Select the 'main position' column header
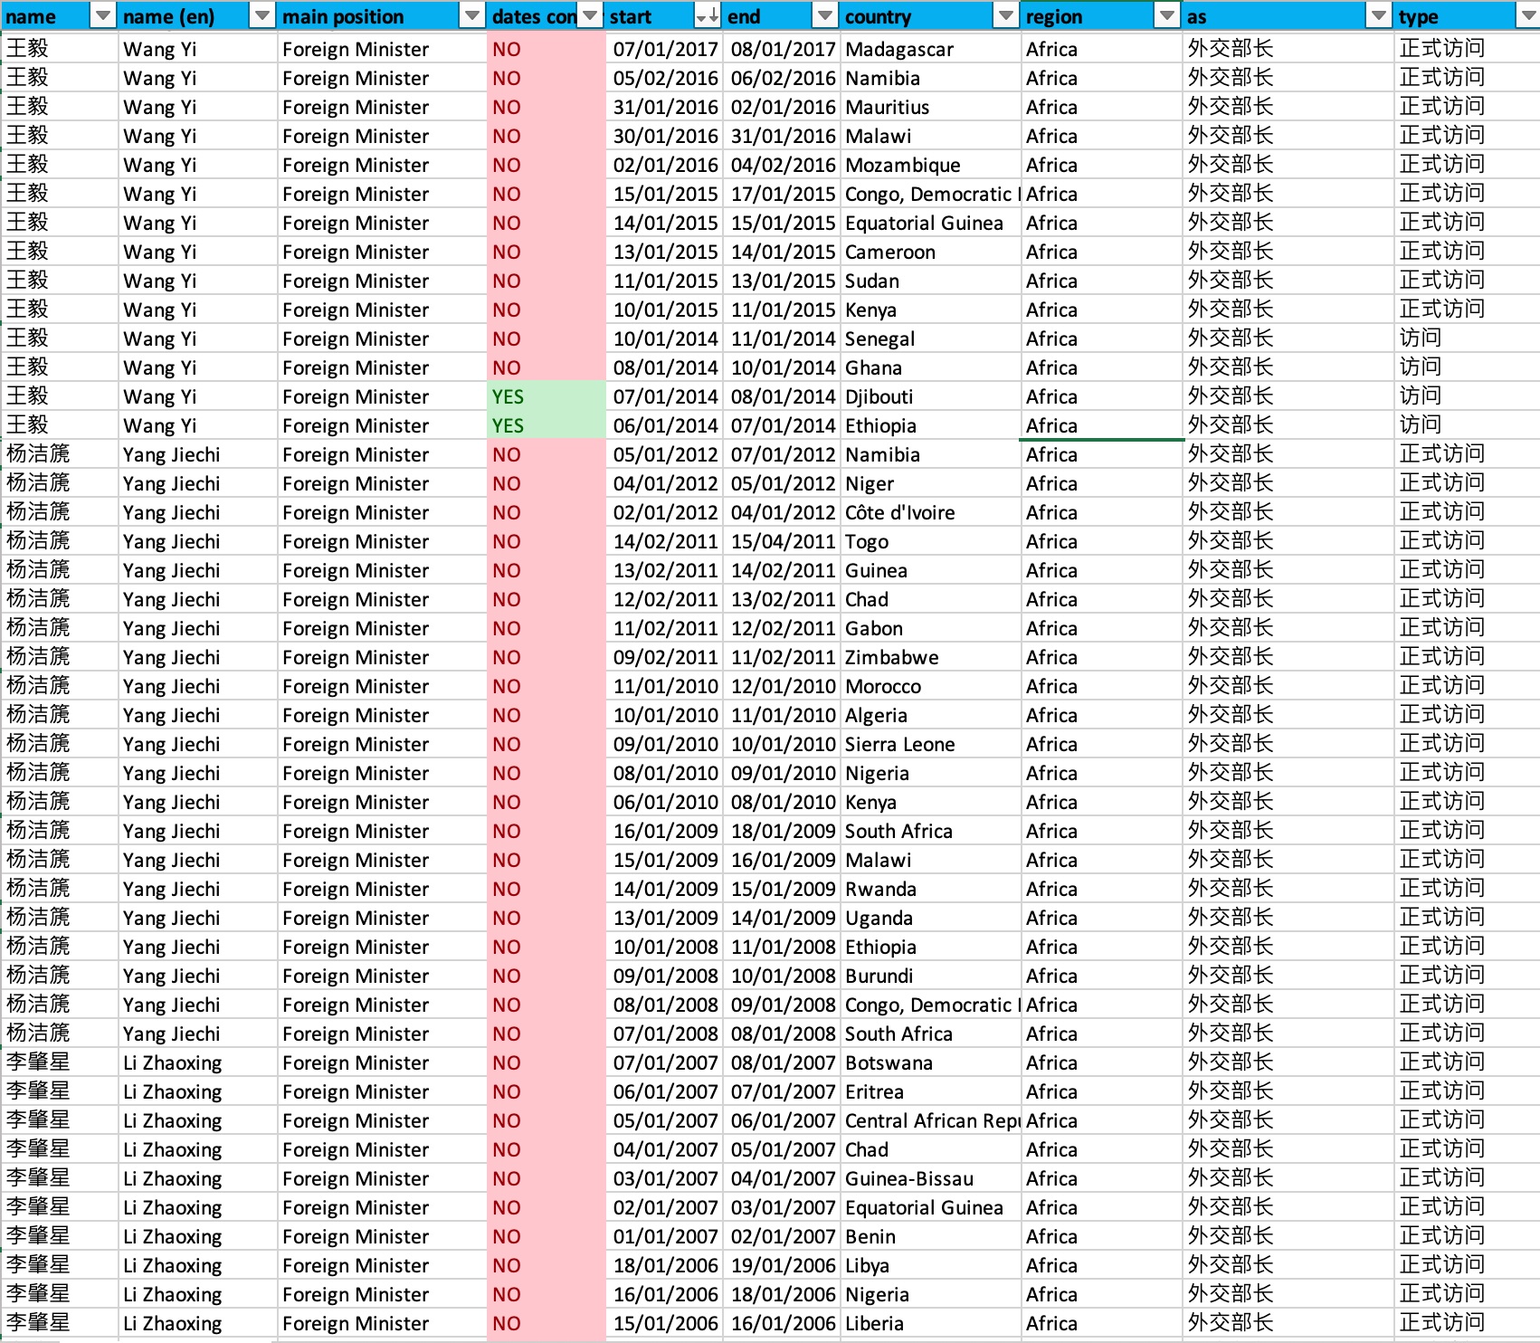(x=344, y=17)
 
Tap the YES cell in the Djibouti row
(x=508, y=397)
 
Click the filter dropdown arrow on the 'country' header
(x=1005, y=16)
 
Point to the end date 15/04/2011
(x=783, y=542)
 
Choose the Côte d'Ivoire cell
(x=899, y=513)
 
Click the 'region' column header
(x=1055, y=17)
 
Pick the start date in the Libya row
(x=665, y=1266)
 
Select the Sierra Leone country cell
(x=899, y=745)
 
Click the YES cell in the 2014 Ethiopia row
(x=508, y=426)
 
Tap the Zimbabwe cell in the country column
(x=891, y=658)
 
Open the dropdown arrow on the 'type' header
(x=1526, y=16)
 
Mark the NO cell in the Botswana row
(x=507, y=1063)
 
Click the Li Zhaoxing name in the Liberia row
(x=172, y=1324)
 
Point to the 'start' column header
(x=632, y=17)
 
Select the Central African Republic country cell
(x=932, y=1121)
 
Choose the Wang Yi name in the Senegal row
(x=159, y=339)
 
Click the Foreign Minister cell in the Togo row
(x=355, y=542)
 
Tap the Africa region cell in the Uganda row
(x=1051, y=919)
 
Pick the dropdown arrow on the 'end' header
(x=824, y=16)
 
